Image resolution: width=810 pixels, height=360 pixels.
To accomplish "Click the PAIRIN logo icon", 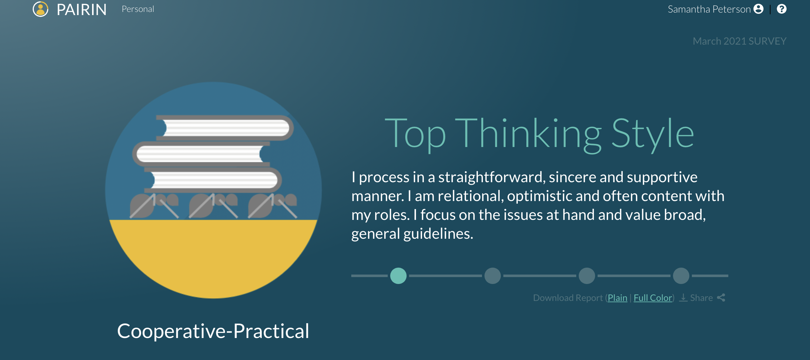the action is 41,9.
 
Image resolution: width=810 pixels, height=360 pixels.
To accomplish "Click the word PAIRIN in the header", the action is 82,10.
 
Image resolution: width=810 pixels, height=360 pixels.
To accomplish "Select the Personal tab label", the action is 138,9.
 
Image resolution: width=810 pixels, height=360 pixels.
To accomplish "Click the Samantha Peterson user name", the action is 709,9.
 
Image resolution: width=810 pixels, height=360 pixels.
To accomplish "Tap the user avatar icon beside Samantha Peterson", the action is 758,9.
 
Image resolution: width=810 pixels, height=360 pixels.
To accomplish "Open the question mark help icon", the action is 781,9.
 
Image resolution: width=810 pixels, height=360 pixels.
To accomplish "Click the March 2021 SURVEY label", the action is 740,41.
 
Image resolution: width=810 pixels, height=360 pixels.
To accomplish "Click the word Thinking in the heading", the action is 528,134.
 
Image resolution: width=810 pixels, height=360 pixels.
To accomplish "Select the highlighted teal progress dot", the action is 398,276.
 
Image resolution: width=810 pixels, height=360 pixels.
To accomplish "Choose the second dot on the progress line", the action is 493,276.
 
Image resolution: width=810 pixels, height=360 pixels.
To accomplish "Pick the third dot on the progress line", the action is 587,276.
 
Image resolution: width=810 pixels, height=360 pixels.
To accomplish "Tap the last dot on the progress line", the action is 681,276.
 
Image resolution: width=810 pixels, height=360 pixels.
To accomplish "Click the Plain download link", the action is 618,298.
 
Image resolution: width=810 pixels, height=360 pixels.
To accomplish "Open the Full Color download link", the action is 653,298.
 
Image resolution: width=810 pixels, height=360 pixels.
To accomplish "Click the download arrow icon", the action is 683,297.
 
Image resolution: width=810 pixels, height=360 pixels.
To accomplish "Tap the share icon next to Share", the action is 721,297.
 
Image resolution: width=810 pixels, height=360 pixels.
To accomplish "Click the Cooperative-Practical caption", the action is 213,331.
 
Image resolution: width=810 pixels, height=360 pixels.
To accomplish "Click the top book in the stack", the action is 225,128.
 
